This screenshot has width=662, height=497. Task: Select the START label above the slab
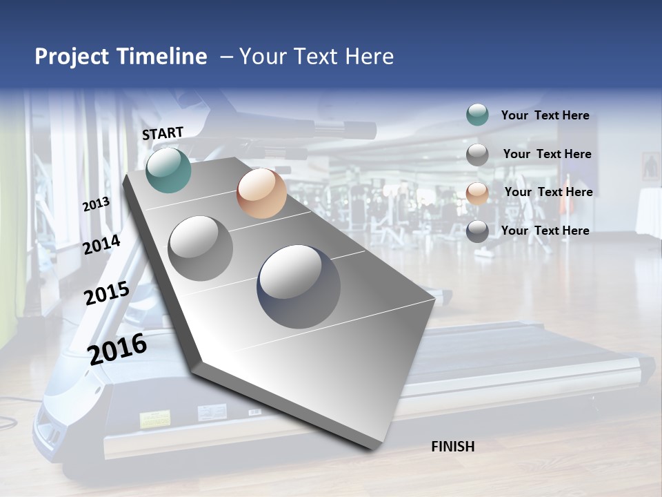tap(163, 133)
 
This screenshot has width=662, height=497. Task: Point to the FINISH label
tap(452, 447)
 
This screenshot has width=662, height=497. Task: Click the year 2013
tap(96, 204)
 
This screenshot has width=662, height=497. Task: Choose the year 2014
tap(101, 244)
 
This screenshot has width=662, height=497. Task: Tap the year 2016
tap(117, 349)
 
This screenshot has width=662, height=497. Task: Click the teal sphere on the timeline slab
tap(168, 170)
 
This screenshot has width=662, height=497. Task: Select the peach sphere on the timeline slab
tap(261, 193)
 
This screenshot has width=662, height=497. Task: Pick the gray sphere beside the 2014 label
tap(201, 248)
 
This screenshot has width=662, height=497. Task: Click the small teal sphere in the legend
tap(477, 115)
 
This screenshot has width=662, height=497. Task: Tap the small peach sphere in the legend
tap(477, 193)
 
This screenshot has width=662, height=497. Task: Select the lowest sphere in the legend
tap(477, 231)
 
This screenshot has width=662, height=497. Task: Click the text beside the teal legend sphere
tap(545, 115)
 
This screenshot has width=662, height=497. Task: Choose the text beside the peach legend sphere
tap(548, 192)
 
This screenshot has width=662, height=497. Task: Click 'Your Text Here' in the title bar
tap(316, 57)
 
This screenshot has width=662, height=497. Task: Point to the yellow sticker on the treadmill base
tap(155, 419)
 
